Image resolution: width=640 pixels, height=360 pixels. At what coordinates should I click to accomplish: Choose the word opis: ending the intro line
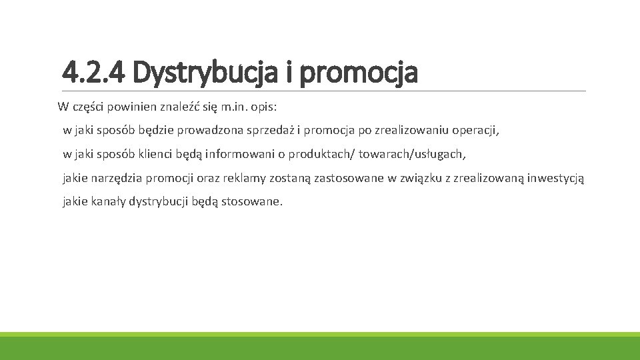tap(267, 107)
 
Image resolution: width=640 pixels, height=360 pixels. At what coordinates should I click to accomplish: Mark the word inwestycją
tap(555, 178)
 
